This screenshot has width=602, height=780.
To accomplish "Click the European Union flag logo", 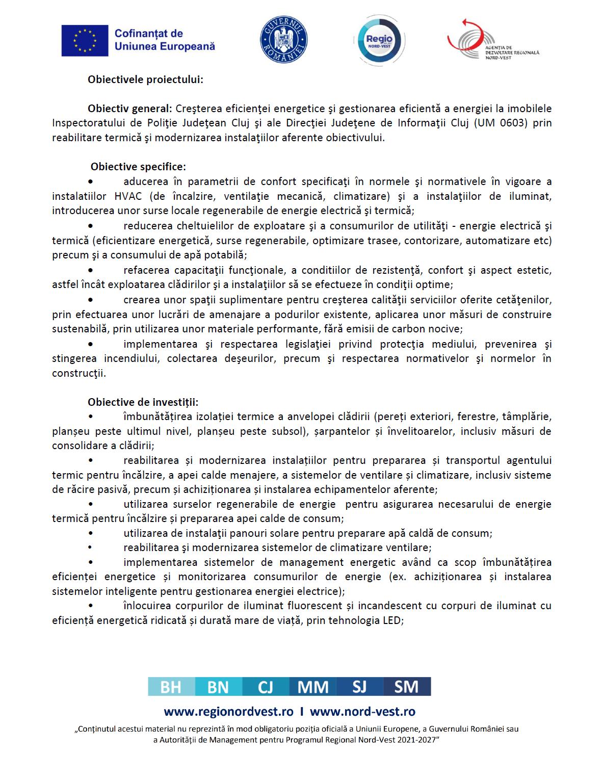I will click(x=85, y=40).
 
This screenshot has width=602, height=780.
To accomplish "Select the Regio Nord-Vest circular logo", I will click(x=379, y=40).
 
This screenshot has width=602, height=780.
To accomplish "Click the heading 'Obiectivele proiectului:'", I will click(x=145, y=80).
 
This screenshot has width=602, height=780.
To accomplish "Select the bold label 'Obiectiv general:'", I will click(x=129, y=109).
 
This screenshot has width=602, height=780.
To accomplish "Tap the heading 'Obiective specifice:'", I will click(x=138, y=167).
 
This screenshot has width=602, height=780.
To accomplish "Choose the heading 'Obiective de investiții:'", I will click(x=143, y=402).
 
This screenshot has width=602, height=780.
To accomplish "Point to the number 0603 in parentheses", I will click(x=515, y=123).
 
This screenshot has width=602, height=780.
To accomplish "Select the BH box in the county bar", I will click(x=171, y=687).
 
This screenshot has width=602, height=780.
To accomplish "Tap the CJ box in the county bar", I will click(x=265, y=687).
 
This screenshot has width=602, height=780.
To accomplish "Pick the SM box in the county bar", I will click(x=406, y=687).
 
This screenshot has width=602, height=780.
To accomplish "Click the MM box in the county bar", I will click(x=312, y=687).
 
